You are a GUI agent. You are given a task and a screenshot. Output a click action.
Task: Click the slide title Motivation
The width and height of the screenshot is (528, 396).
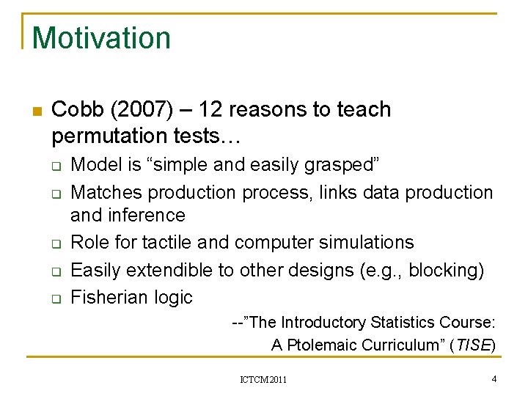pos(101,38)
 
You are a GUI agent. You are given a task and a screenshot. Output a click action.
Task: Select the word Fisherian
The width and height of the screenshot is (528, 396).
pos(107,297)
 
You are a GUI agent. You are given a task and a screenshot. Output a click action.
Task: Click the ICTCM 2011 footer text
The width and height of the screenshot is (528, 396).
pos(263,379)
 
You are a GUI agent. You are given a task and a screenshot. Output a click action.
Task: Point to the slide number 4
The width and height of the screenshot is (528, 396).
pos(494,378)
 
